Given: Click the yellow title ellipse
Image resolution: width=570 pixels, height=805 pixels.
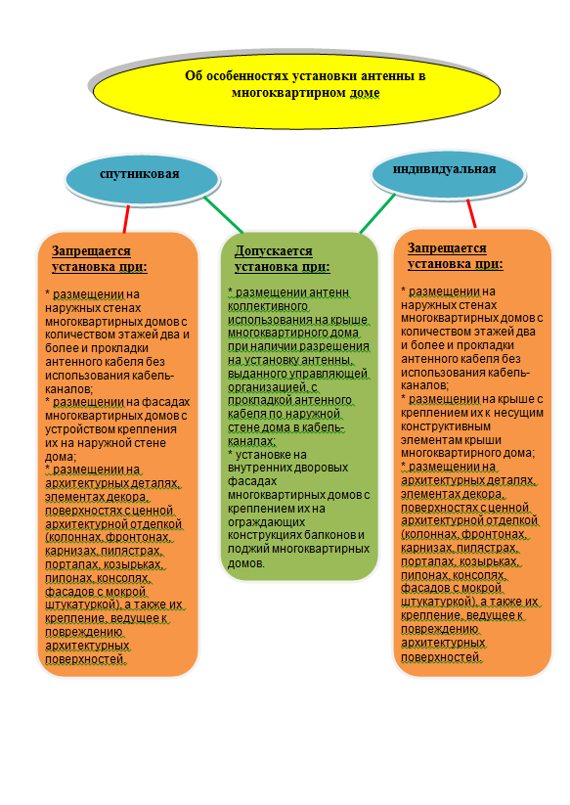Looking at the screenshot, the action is [296, 91].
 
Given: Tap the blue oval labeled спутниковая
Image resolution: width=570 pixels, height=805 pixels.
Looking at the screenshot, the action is [142, 179].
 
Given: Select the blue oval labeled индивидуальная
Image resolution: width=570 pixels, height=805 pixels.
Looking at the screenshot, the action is [448, 173].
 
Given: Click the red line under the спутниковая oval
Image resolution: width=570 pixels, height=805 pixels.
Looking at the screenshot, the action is [126, 219].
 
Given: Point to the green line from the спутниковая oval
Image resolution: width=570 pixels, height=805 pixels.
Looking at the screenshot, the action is [223, 215].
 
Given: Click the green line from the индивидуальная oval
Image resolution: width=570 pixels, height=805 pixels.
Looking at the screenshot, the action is [377, 213].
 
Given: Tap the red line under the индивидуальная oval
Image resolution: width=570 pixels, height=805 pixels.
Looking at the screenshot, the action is [471, 213].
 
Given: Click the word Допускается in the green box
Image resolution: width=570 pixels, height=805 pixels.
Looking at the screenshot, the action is [274, 251].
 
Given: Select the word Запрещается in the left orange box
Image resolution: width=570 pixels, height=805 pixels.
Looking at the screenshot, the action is [91, 251].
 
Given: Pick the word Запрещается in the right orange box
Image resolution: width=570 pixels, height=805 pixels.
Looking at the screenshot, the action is [447, 248].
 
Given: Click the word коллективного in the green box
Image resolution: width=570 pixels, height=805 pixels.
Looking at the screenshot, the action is [267, 306].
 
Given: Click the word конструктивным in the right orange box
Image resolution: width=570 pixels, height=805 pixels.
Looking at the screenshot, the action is [446, 426].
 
